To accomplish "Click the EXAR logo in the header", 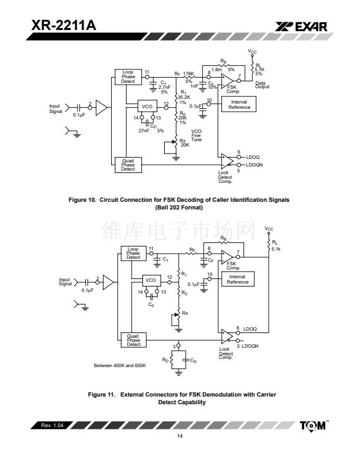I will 306,26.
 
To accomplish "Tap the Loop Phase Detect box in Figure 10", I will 128,77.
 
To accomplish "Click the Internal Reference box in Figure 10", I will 239,104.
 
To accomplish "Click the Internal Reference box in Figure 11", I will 237,279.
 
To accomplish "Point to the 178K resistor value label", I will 188,74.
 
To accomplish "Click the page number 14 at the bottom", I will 179,435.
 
